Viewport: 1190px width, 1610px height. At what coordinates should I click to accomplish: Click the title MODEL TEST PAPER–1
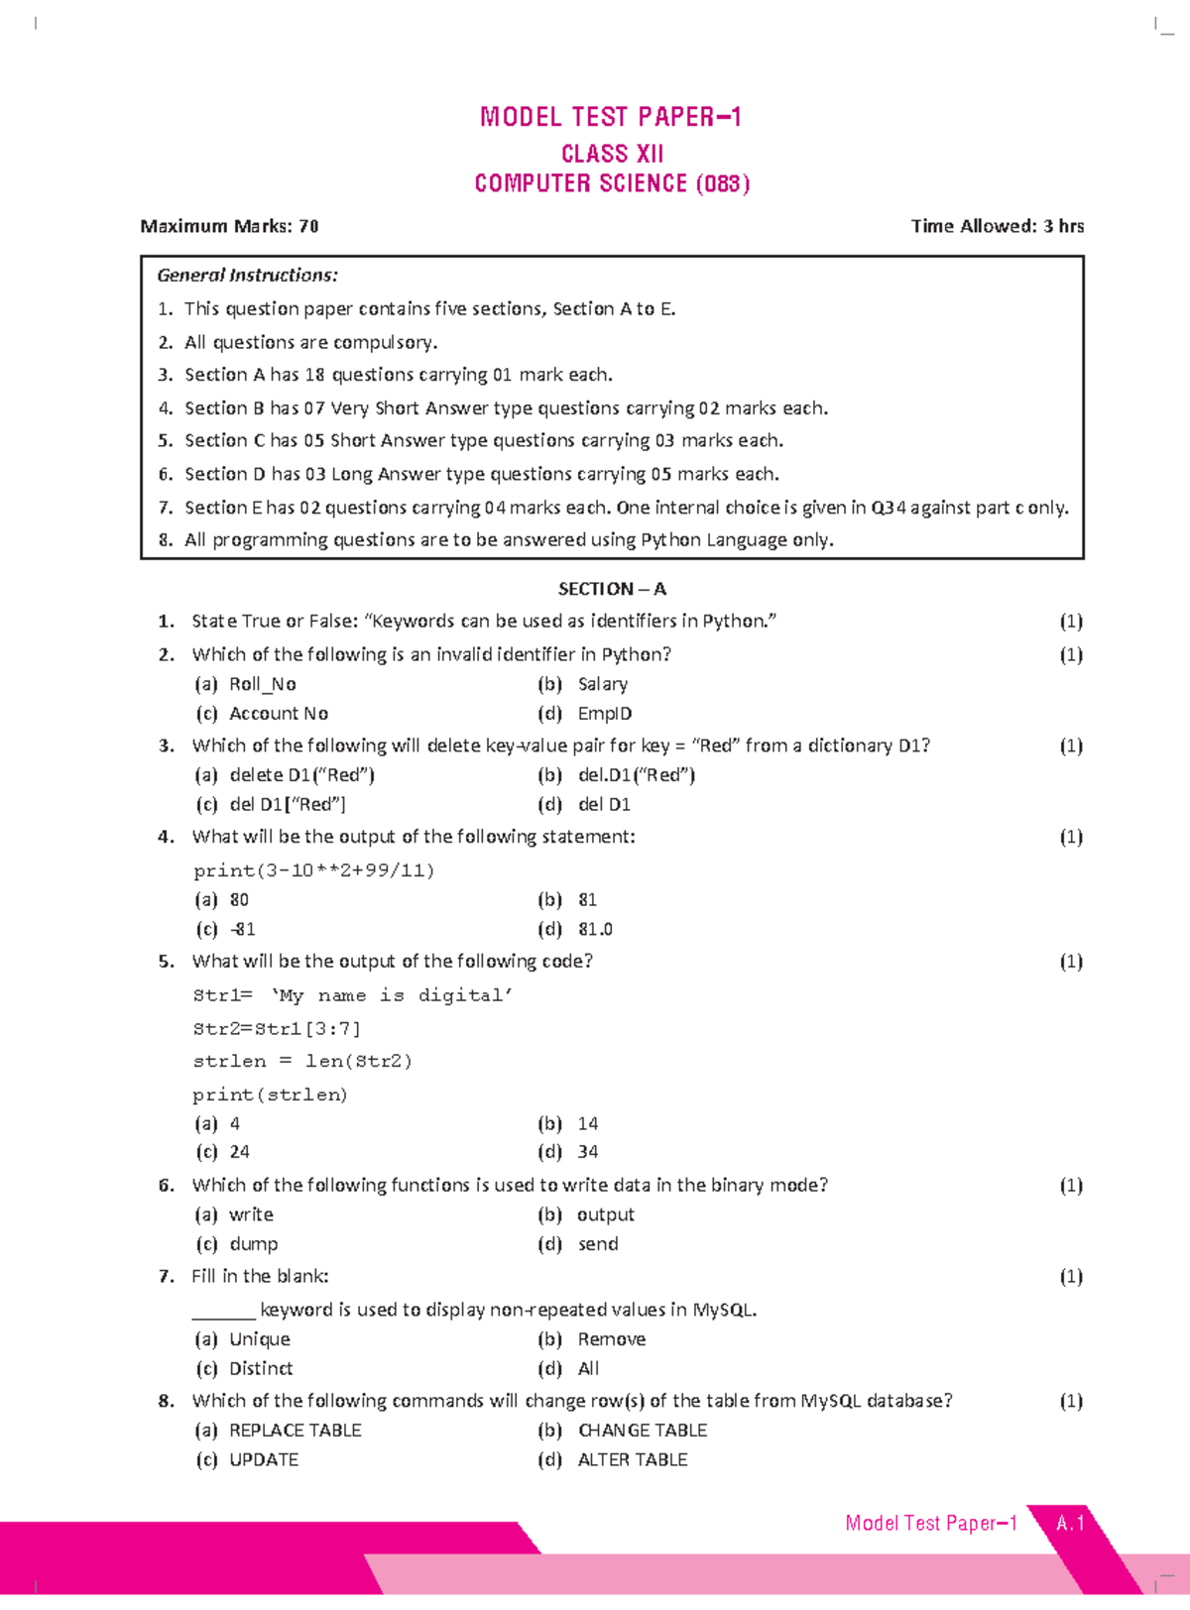pyautogui.click(x=610, y=117)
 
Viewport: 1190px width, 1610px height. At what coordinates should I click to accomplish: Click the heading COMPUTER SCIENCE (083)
pyautogui.click(x=612, y=183)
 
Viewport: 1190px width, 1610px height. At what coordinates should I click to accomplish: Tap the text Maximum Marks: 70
pyautogui.click(x=229, y=226)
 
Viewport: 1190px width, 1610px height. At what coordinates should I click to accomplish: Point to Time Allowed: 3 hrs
pyautogui.click(x=997, y=226)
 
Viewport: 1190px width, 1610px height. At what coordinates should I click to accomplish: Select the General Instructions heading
pyautogui.click(x=247, y=275)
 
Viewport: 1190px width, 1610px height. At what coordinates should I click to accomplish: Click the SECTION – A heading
pyautogui.click(x=612, y=589)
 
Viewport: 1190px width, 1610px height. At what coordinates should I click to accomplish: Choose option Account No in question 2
pyautogui.click(x=278, y=714)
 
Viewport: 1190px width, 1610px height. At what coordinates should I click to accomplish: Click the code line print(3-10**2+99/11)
pyautogui.click(x=313, y=870)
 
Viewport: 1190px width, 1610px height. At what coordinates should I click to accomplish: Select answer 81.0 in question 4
pyautogui.click(x=595, y=930)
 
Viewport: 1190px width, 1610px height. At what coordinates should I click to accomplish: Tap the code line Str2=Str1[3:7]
pyautogui.click(x=277, y=1028)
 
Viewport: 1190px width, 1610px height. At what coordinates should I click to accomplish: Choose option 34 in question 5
pyautogui.click(x=587, y=1152)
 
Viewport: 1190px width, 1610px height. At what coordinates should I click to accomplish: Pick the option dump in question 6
pyautogui.click(x=253, y=1244)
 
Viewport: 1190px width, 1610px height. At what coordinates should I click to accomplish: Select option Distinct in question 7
pyautogui.click(x=261, y=1369)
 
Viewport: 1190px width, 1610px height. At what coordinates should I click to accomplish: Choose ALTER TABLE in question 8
pyautogui.click(x=632, y=1460)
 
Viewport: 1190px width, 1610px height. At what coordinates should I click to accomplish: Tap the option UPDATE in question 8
pyautogui.click(x=263, y=1460)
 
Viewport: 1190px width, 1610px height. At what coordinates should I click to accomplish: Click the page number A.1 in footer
pyautogui.click(x=1070, y=1524)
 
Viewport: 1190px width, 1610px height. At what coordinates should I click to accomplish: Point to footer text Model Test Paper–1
pyautogui.click(x=930, y=1524)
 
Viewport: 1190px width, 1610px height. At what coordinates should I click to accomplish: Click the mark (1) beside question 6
pyautogui.click(x=1070, y=1186)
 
